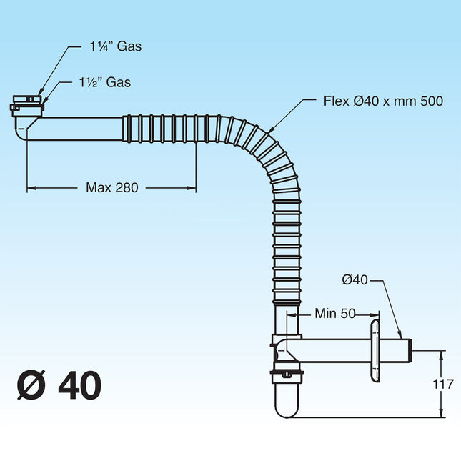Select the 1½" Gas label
click(104, 82)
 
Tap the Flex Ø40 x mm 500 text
click(383, 101)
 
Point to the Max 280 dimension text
click(111, 187)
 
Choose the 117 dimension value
click(443, 384)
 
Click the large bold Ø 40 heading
click(59, 385)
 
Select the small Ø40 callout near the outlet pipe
click(355, 280)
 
